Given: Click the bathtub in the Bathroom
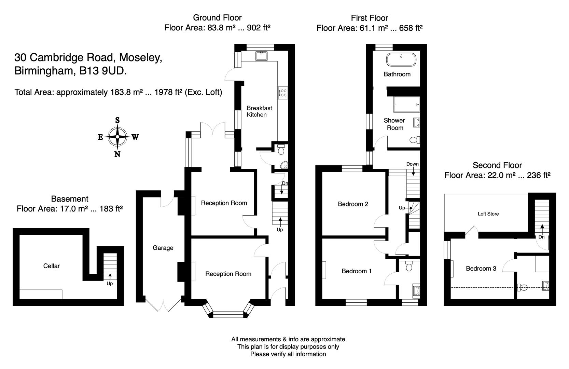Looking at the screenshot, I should coord(401,60).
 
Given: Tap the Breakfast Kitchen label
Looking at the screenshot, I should coord(259,111).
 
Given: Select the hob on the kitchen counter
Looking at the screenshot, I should coord(283,92).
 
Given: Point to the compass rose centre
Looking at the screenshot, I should coord(117,137).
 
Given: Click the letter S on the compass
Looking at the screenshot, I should coord(117,120).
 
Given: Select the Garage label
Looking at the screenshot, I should coord(163,248).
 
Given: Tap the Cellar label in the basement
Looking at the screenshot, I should coord(52,266).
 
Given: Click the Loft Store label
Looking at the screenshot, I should coord(488,214).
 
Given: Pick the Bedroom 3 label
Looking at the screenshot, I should coord(481,269).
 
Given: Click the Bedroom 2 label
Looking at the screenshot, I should coord(353,204).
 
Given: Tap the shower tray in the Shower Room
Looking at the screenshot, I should coord(406,104).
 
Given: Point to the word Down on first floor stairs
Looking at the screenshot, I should coord(412,164).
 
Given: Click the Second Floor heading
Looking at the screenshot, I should coord(497,165).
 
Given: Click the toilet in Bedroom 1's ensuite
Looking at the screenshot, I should coord(409,266).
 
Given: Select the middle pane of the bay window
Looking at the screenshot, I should coord(228,314).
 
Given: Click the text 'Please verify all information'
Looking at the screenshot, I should coord(288,354).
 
